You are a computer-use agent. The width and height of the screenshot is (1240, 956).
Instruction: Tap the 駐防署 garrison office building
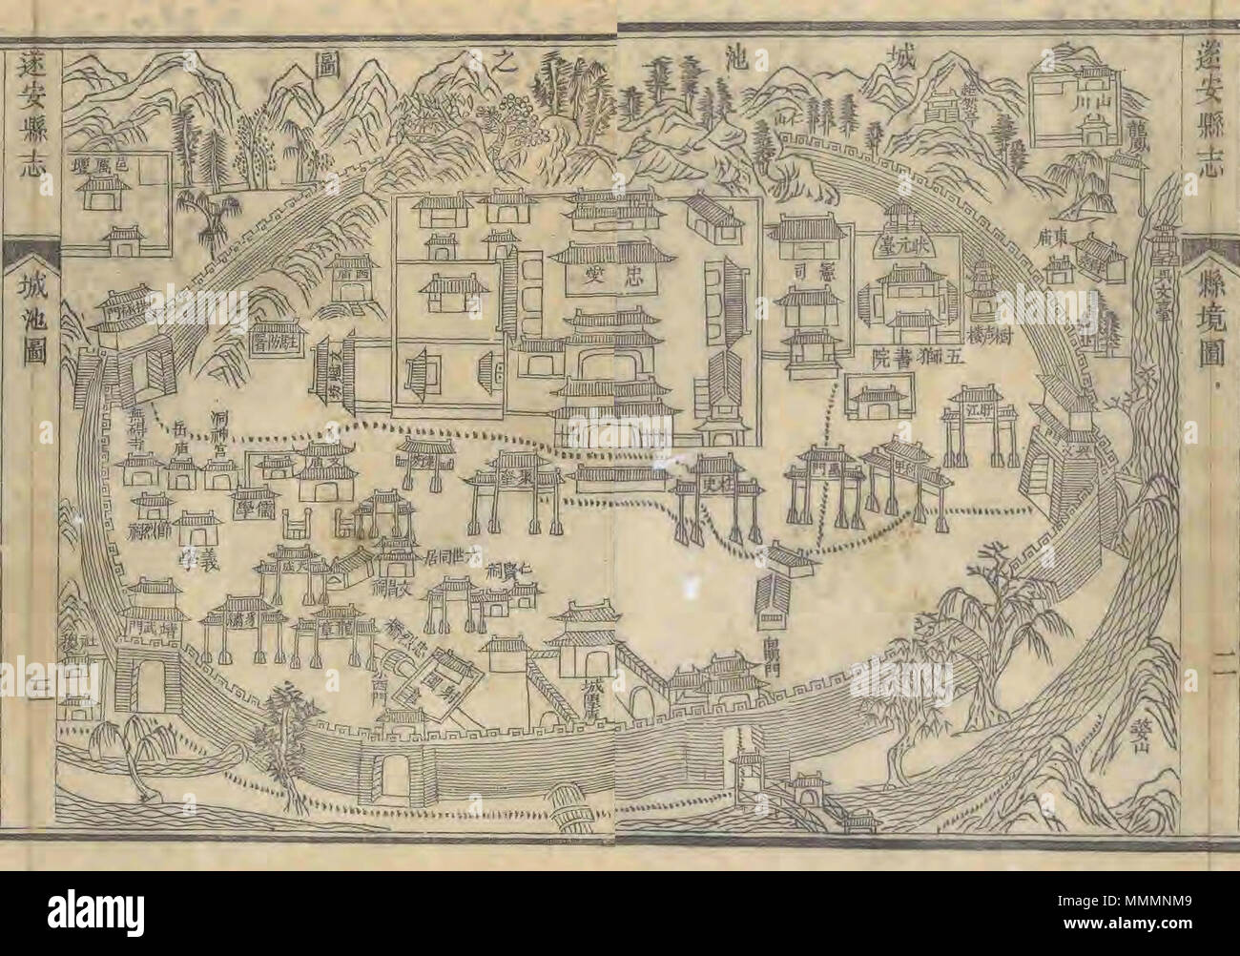276,337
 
